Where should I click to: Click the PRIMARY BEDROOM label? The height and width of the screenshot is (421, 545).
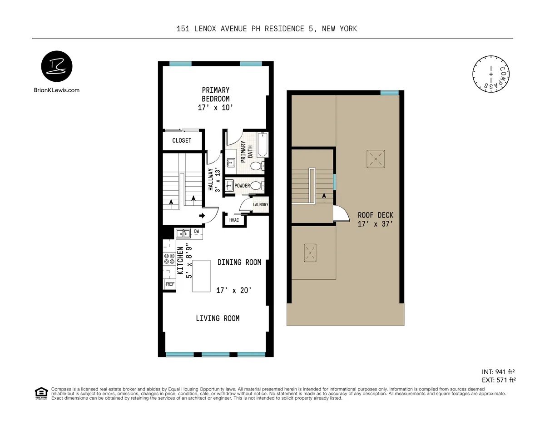[216, 94]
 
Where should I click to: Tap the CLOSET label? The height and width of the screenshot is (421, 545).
[182, 140]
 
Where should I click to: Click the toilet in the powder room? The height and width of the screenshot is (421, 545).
[257, 185]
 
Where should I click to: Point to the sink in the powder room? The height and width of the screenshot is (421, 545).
[229, 185]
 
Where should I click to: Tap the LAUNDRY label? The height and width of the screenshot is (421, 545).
[261, 205]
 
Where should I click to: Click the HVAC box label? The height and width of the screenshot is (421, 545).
[234, 220]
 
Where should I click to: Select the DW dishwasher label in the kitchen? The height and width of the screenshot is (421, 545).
[197, 232]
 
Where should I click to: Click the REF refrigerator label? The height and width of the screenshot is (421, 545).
[170, 284]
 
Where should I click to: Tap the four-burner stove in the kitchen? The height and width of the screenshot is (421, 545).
[169, 258]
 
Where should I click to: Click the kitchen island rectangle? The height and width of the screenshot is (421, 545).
[202, 276]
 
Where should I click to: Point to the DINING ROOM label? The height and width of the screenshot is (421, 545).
[239, 263]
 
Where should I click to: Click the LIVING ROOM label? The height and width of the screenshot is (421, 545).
[218, 318]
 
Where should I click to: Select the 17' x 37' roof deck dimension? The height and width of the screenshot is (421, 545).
[375, 224]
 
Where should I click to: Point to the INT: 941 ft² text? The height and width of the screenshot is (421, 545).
[498, 371]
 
